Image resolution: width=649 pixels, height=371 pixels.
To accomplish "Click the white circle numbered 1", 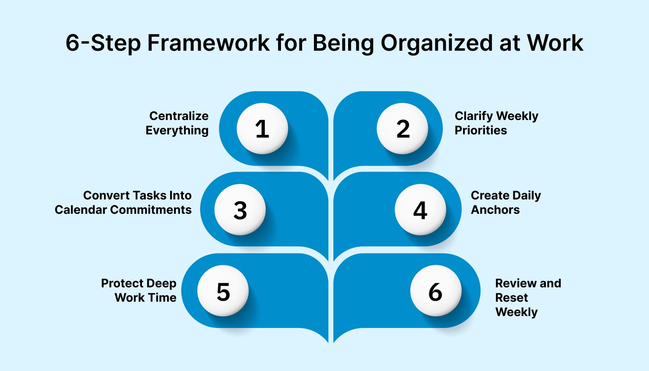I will pyautogui.click(x=262, y=128).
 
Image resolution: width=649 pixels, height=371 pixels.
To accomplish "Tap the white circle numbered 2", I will pyautogui.click(x=402, y=128).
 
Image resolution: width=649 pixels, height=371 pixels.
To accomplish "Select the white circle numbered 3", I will pyautogui.click(x=240, y=210).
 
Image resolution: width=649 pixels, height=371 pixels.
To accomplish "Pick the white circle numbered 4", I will pyautogui.click(x=420, y=210).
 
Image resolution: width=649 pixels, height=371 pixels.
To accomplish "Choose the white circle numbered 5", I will pyautogui.click(x=223, y=291).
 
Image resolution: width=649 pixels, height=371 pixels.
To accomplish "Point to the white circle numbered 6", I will pyautogui.click(x=436, y=291).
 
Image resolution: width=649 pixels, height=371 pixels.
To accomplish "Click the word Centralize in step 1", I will pyautogui.click(x=179, y=116).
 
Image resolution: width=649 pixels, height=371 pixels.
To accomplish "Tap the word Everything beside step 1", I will pyautogui.click(x=177, y=131).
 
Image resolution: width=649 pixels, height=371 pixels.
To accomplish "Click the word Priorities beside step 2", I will pyautogui.click(x=480, y=130).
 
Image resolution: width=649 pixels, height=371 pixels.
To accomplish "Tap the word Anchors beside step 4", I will pyautogui.click(x=495, y=210).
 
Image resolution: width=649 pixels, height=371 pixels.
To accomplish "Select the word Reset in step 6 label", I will pyautogui.click(x=511, y=297).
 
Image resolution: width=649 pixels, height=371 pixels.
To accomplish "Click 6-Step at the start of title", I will pyautogui.click(x=103, y=43).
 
